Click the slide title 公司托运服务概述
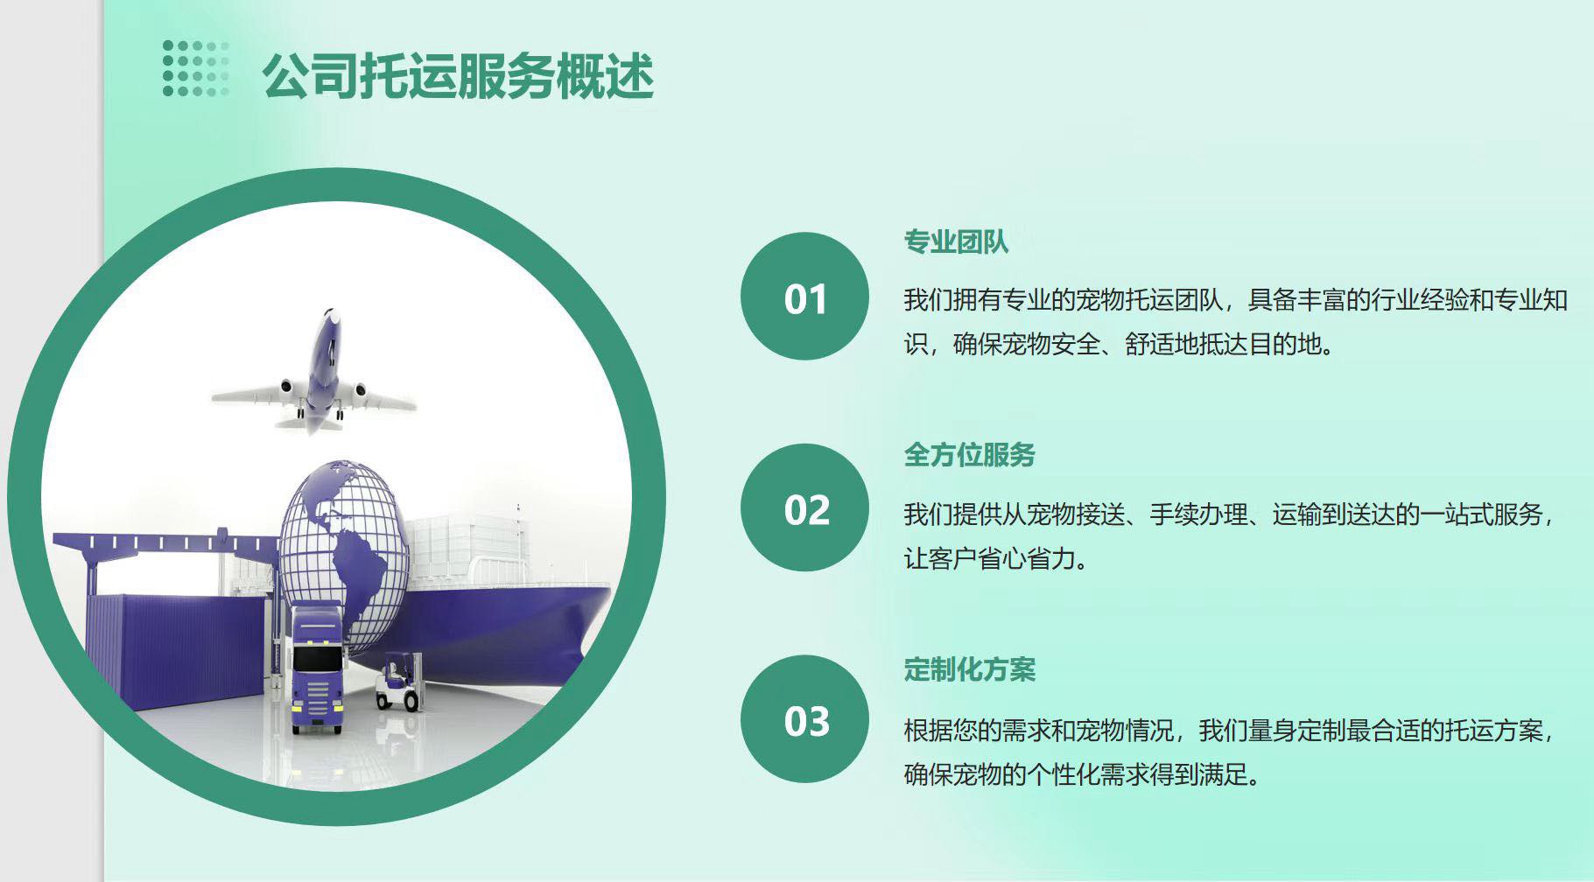[x=458, y=76]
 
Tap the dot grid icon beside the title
[x=196, y=68]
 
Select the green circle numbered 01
[x=804, y=296]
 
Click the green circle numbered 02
[x=804, y=507]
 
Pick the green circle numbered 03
[x=804, y=719]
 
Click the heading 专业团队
[x=956, y=241]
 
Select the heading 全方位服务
[x=969, y=455]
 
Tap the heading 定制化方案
[x=969, y=669]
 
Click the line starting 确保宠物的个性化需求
[x=1082, y=774]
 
